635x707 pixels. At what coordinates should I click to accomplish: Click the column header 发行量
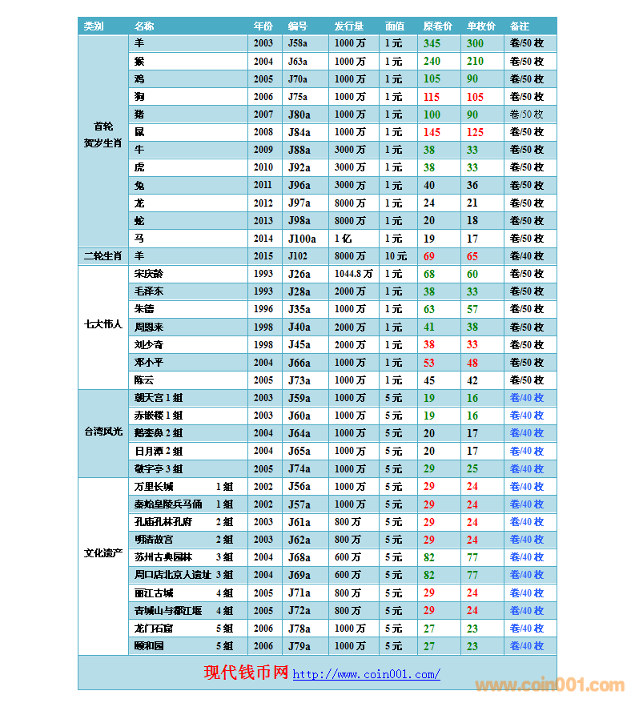pyautogui.click(x=348, y=26)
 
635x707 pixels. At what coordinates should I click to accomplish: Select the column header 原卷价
pyautogui.click(x=437, y=26)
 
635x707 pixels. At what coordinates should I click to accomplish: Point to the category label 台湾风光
pyautogui.click(x=102, y=432)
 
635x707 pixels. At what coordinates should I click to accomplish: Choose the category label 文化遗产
pyautogui.click(x=102, y=553)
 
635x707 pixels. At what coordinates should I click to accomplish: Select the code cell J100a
pyautogui.click(x=301, y=239)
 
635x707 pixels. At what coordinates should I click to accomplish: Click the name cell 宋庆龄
pyautogui.click(x=148, y=274)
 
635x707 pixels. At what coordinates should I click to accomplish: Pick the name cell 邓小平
pyautogui.click(x=148, y=363)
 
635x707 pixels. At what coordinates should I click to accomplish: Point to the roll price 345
pyautogui.click(x=432, y=43)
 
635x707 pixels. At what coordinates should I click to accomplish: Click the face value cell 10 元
pyautogui.click(x=396, y=256)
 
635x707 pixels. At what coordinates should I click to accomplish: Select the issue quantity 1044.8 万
pyautogui.click(x=353, y=274)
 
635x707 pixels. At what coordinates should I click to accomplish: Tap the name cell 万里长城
pyautogui.click(x=154, y=487)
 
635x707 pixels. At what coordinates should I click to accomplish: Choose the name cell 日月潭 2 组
pyautogui.click(x=159, y=452)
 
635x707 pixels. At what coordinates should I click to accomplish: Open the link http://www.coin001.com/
pyautogui.click(x=366, y=674)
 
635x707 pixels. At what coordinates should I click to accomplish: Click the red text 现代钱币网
pyautogui.click(x=246, y=673)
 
